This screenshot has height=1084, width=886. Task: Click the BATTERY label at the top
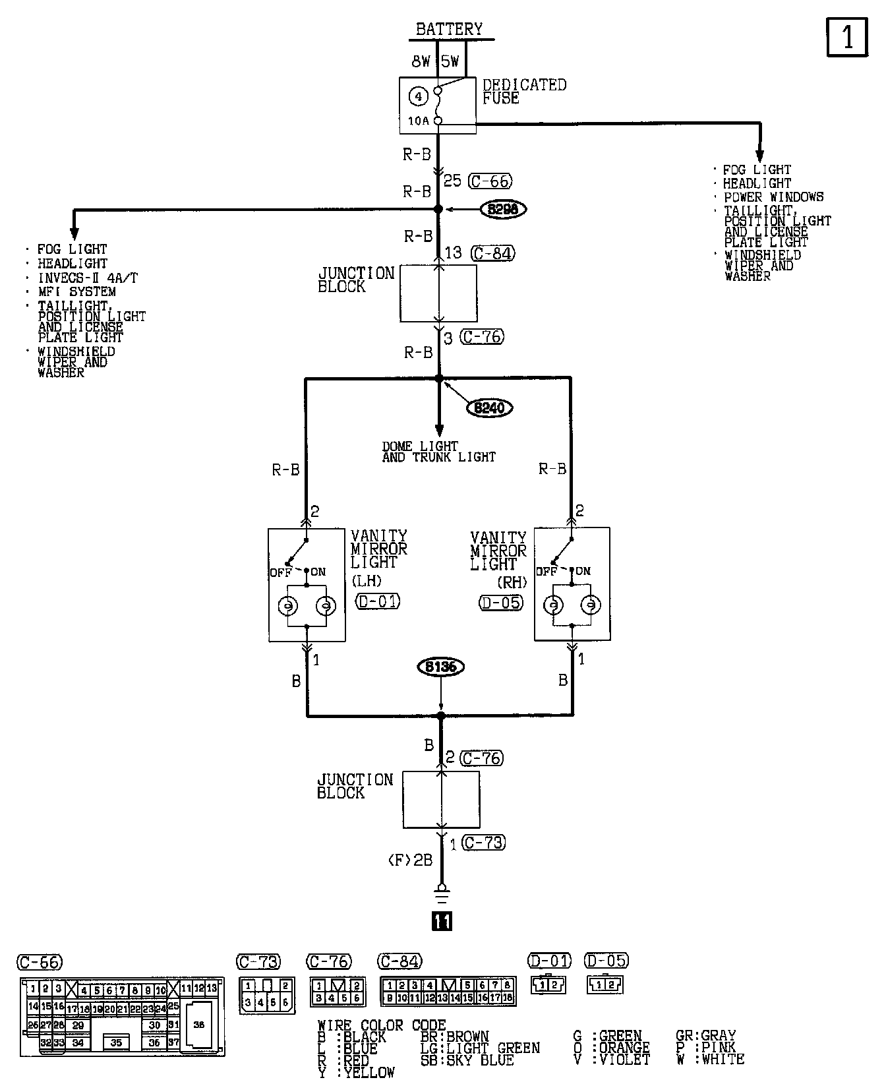pos(449,29)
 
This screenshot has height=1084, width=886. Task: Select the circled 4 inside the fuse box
pos(418,97)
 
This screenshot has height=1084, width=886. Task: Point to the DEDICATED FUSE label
pos(524,92)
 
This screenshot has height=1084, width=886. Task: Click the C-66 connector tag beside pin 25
pos(489,181)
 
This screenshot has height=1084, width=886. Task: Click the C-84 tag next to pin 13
pos(492,253)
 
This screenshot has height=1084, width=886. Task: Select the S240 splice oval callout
pos(490,408)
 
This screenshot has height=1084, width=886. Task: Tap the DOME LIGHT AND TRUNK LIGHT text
pos(438,452)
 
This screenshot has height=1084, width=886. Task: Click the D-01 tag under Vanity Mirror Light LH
pos(378,601)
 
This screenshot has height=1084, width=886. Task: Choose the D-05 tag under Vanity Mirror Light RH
pos(502,603)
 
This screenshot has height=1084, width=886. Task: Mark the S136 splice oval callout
pos(440,667)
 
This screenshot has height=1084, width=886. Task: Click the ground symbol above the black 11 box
pos(442,895)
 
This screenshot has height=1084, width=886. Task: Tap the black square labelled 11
pos(442,920)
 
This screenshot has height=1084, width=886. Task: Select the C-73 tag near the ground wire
pos(483,843)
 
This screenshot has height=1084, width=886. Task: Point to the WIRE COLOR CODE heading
pos(382,1025)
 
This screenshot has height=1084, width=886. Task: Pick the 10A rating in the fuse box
pos(418,121)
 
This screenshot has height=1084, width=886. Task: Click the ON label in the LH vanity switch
pos(318,572)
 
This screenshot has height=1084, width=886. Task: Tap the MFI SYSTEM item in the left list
pos(76,291)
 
